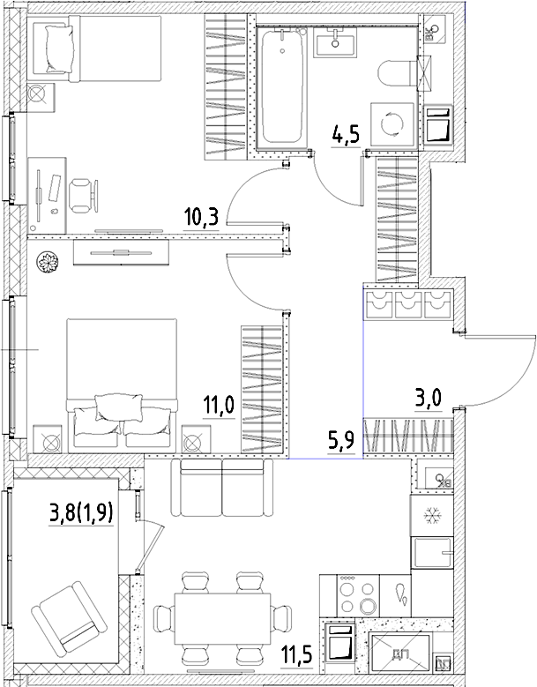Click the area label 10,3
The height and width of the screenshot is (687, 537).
(x=202, y=217)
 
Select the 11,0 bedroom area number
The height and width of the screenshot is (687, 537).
(x=219, y=407)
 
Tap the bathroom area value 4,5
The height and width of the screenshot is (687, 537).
(x=344, y=137)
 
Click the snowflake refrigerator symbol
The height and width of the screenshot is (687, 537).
(x=432, y=514)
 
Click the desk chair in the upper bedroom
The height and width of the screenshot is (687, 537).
(x=81, y=195)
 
